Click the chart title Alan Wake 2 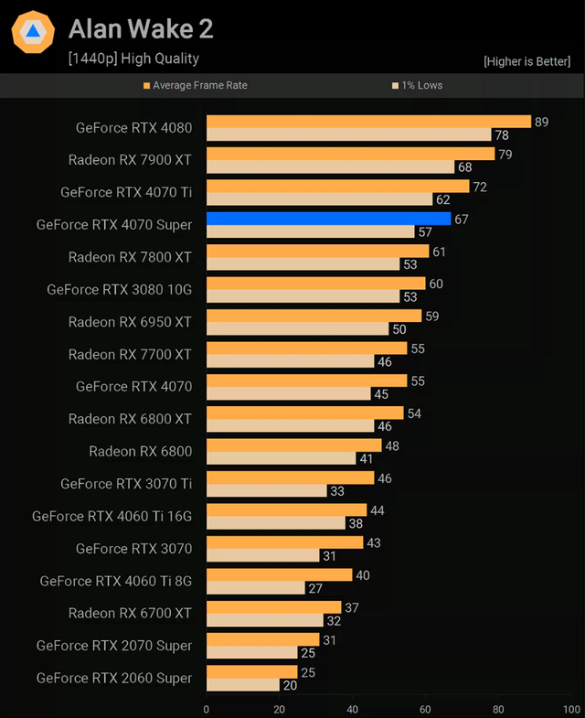pyautogui.click(x=141, y=29)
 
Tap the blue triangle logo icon pyautogui.click(x=33, y=32)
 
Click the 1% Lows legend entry pyautogui.click(x=417, y=85)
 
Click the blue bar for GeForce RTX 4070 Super pyautogui.click(x=328, y=219)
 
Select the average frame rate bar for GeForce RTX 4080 pyautogui.click(x=368, y=122)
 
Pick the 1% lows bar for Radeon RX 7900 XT pyautogui.click(x=330, y=167)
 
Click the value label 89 pyautogui.click(x=541, y=122)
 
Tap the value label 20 pyautogui.click(x=290, y=685)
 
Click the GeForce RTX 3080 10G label pyautogui.click(x=120, y=290)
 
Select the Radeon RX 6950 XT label pyautogui.click(x=130, y=322)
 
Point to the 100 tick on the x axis pyautogui.click(x=570, y=709)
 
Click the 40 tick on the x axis pyautogui.click(x=352, y=709)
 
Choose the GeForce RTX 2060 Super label pyautogui.click(x=114, y=678)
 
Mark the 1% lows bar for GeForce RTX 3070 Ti pyautogui.click(x=266, y=491)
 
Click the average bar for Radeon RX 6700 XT pyautogui.click(x=273, y=607)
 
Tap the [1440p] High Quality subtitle pyautogui.click(x=133, y=59)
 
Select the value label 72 pyautogui.click(x=479, y=187)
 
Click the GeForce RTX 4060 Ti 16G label pyautogui.click(x=112, y=516)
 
